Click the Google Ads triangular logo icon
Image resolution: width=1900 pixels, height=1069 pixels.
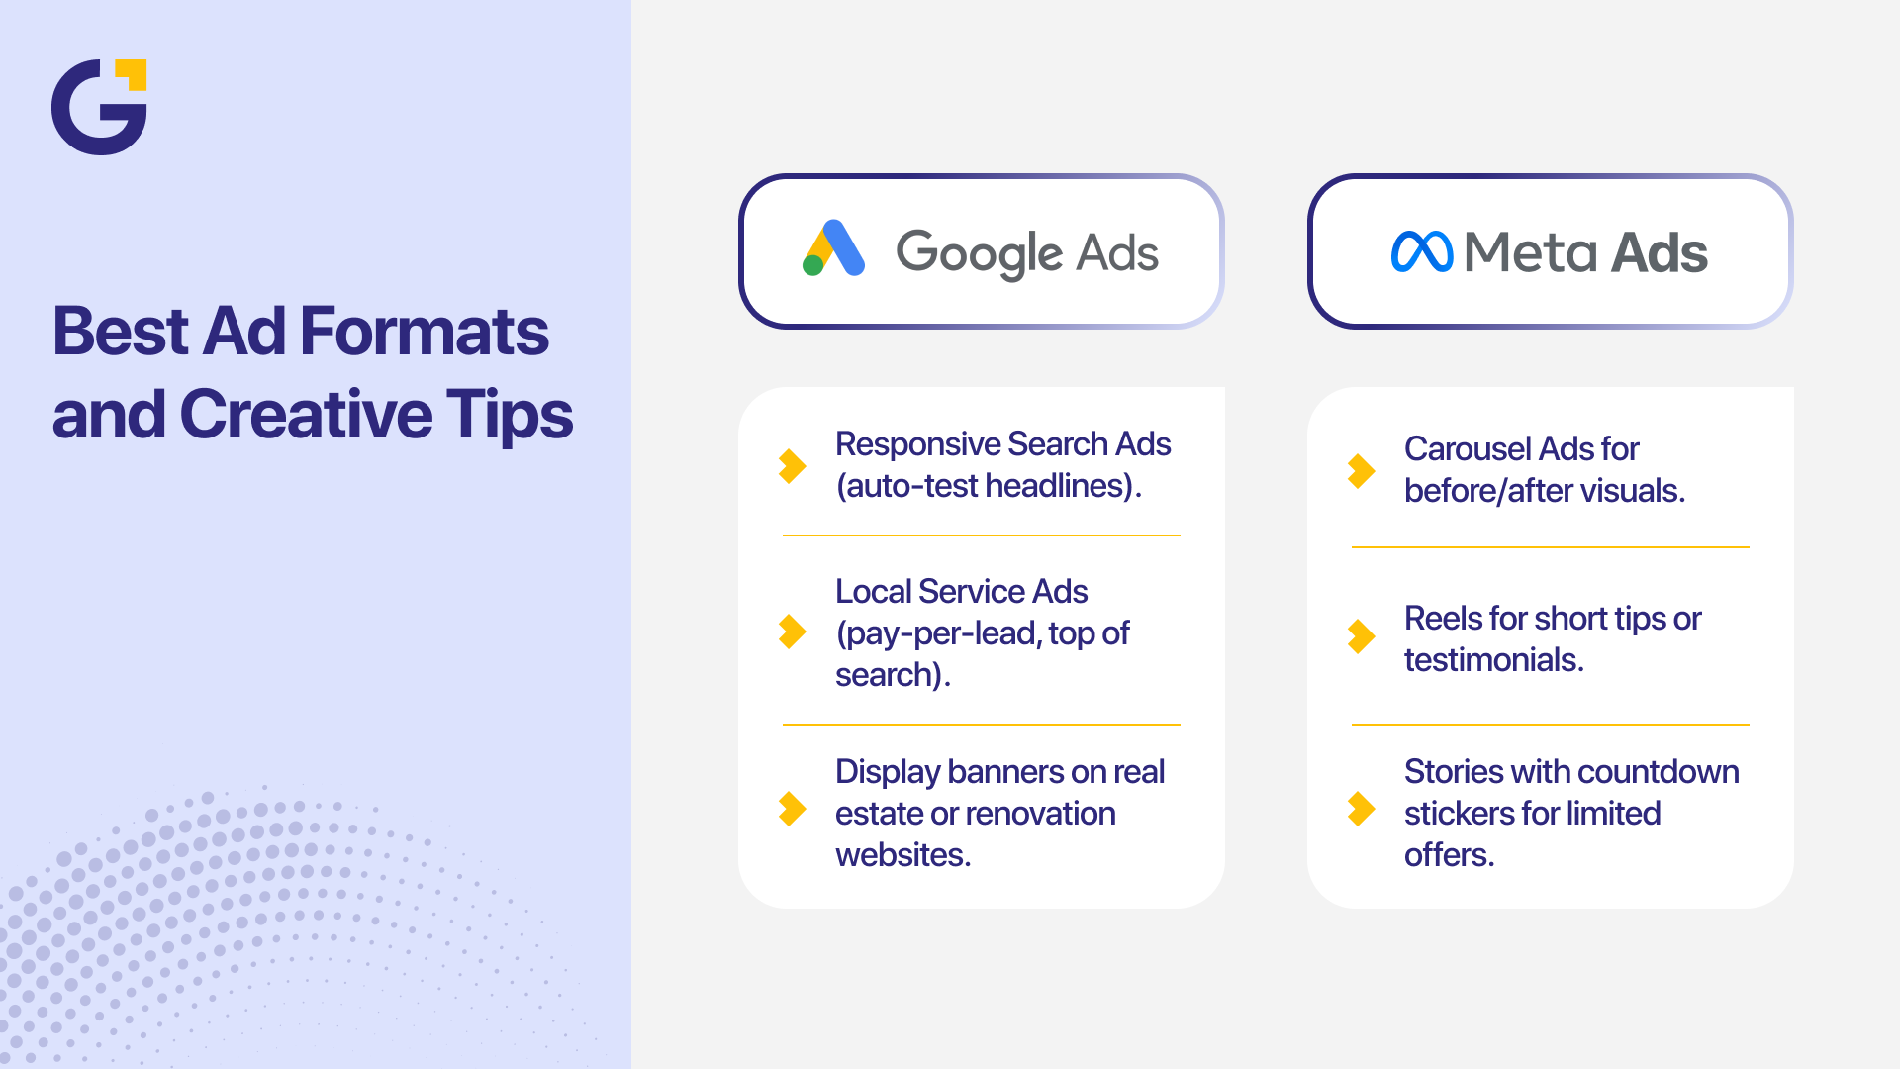[x=833, y=248]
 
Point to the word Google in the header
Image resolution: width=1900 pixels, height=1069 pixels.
[x=979, y=253]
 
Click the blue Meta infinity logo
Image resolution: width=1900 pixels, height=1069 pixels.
[x=1421, y=252]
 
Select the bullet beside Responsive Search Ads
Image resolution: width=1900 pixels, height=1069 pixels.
[x=792, y=465]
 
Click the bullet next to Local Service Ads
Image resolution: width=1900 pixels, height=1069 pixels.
[x=792, y=632]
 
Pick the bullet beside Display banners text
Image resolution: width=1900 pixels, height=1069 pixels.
[x=792, y=809]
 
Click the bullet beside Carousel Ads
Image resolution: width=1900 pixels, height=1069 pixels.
[x=1361, y=470]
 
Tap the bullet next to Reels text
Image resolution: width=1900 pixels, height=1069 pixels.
[x=1361, y=636]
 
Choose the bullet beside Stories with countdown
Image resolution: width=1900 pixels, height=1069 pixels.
[x=1361, y=809]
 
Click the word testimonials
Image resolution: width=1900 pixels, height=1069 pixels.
[x=1493, y=660]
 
